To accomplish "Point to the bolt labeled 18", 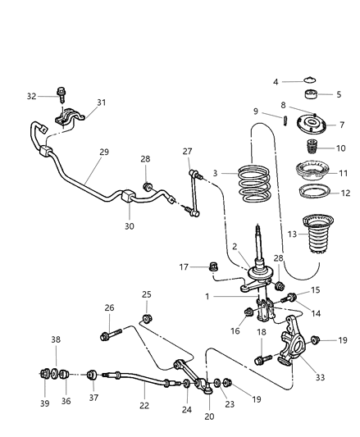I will [261, 358].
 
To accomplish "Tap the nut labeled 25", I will [147, 317].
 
